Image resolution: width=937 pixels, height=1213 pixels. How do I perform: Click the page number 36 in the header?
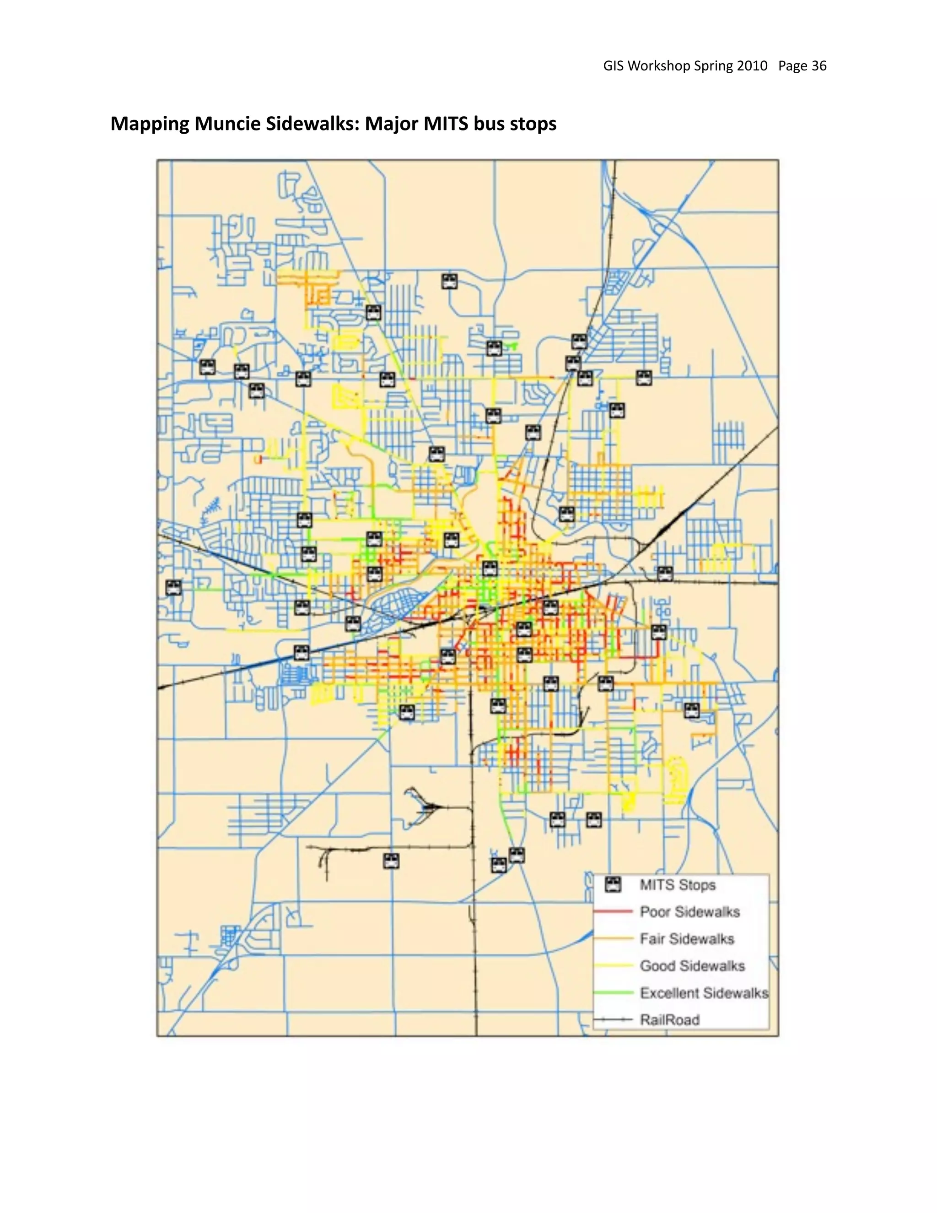[819, 65]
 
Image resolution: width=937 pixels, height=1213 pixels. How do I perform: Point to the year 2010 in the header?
[752, 65]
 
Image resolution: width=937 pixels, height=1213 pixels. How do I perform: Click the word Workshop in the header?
[659, 65]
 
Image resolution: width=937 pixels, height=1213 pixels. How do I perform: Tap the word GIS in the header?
[614, 65]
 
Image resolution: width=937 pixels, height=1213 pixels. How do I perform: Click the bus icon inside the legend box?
[613, 885]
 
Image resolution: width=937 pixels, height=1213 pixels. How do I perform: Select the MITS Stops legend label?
[677, 885]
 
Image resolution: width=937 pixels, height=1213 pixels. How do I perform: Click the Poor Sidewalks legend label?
[689, 911]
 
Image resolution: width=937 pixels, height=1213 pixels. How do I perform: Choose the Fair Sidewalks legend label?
[687, 939]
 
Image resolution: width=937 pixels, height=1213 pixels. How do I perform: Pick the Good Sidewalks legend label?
[692, 966]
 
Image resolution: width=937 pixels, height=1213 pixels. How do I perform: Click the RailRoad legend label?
[669, 1020]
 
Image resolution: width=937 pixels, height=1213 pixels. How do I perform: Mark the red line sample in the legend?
[613, 911]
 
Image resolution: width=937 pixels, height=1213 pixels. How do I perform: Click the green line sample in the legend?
[613, 992]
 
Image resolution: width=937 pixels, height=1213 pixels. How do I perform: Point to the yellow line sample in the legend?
[613, 966]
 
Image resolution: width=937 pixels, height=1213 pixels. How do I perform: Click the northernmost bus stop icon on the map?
[449, 282]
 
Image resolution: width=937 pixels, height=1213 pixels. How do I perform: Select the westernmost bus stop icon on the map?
[174, 588]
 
